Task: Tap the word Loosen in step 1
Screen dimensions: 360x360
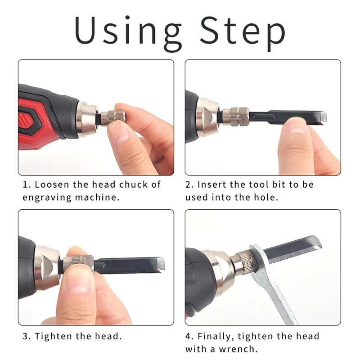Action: coord(52,184)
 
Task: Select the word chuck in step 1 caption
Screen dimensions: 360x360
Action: coord(133,184)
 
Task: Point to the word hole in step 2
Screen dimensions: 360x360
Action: coord(265,197)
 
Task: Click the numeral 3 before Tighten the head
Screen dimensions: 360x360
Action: coord(26,336)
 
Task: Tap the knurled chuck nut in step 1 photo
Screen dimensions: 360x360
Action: coord(112,118)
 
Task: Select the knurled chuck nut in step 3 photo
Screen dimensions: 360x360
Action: coord(78,262)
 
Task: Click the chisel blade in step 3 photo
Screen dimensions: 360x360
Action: coord(129,265)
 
